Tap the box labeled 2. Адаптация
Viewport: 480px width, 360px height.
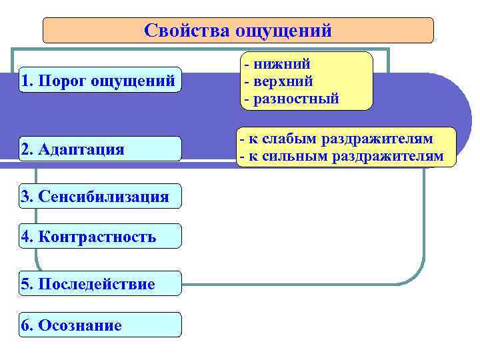[100, 149]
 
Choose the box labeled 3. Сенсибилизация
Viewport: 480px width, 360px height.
[100, 196]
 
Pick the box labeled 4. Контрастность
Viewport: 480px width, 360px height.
[100, 236]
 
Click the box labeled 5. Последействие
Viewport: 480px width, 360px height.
[100, 284]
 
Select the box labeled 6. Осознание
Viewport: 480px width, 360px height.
[100, 325]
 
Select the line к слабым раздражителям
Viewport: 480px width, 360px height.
[337, 139]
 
